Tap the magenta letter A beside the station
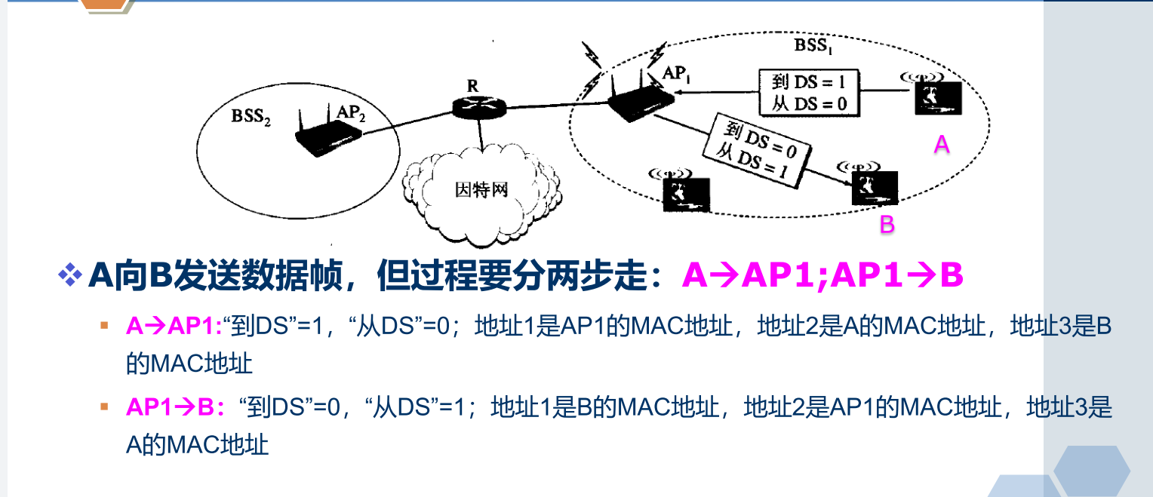point(941,145)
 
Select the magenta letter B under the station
point(887,224)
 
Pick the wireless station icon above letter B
point(875,186)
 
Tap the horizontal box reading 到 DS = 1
point(809,92)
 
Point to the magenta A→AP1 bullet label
point(174,326)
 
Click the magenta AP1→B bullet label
point(175,408)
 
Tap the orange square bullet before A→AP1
point(104,326)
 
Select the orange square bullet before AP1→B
point(104,408)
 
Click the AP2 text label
point(351,112)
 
